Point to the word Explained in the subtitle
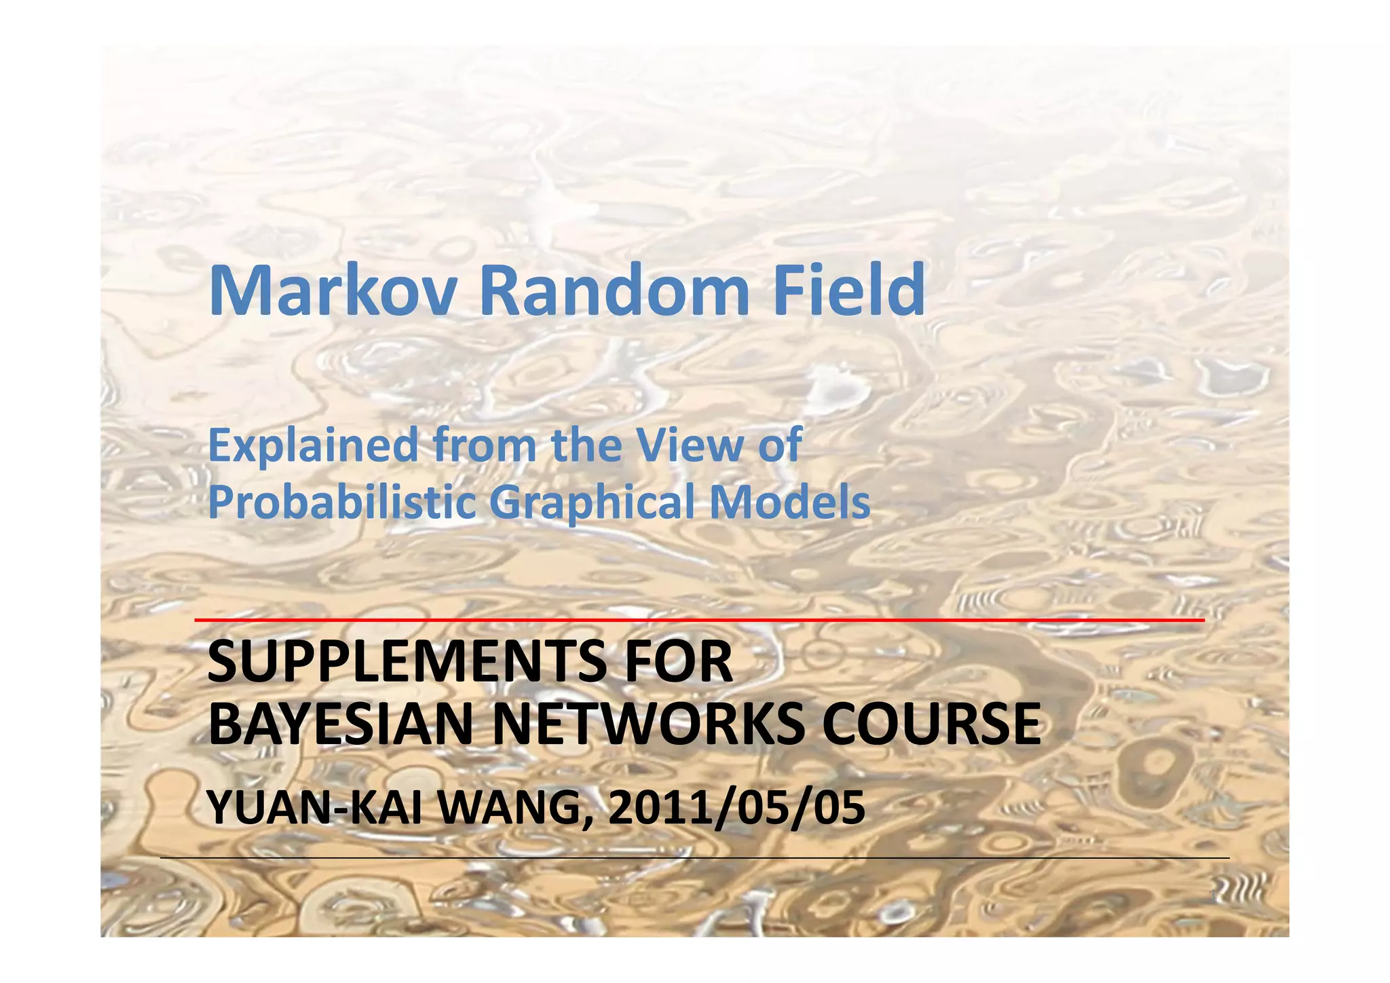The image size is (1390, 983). (313, 446)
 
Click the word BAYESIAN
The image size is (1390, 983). (340, 724)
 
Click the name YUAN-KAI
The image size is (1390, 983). (315, 809)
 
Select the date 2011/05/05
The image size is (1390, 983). (736, 809)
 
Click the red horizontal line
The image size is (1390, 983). (699, 620)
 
